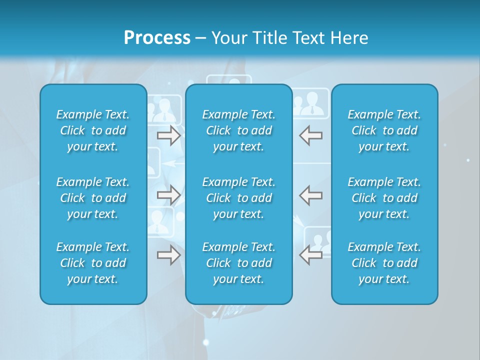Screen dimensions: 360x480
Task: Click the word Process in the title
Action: (157, 38)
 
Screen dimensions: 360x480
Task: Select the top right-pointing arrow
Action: (168, 135)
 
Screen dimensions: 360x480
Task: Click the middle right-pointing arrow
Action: (168, 195)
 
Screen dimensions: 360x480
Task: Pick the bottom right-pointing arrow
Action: (168, 255)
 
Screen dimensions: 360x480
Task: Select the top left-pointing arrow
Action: (310, 135)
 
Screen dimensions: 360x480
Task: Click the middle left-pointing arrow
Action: (310, 195)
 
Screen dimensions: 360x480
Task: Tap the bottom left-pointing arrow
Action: (310, 255)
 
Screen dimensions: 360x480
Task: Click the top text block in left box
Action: (93, 130)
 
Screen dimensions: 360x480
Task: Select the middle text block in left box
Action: (93, 198)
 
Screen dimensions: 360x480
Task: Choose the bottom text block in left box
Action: (93, 263)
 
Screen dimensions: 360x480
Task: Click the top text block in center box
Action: (238, 130)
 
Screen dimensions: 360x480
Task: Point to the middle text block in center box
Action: (238, 198)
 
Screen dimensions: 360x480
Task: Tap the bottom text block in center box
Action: (238, 263)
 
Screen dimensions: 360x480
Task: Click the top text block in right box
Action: (384, 130)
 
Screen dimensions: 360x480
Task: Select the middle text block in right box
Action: (384, 198)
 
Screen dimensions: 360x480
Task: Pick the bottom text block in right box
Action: (384, 263)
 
